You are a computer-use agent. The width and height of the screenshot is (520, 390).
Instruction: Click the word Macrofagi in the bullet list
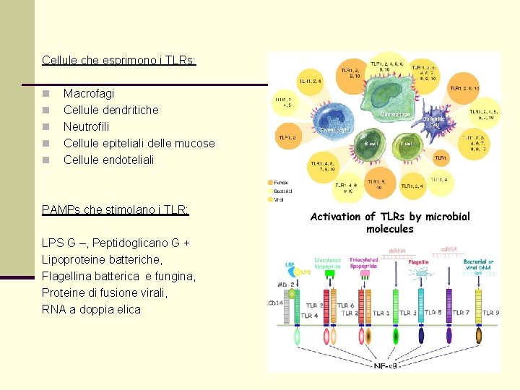(88, 93)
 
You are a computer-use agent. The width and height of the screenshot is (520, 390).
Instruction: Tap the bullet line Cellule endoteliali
(108, 160)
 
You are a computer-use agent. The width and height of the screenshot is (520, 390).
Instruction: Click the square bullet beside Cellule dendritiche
(45, 110)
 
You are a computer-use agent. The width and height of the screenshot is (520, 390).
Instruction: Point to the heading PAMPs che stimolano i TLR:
(116, 209)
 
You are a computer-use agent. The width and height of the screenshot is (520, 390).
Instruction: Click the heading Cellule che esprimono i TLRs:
(119, 60)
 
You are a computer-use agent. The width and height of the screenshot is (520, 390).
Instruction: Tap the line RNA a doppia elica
(91, 309)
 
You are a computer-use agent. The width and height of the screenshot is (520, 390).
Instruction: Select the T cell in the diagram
(407, 144)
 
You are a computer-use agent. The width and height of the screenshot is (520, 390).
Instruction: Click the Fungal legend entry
(282, 182)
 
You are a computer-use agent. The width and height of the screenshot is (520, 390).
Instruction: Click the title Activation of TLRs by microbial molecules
(390, 222)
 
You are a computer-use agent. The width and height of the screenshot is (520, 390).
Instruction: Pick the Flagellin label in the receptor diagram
(419, 263)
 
